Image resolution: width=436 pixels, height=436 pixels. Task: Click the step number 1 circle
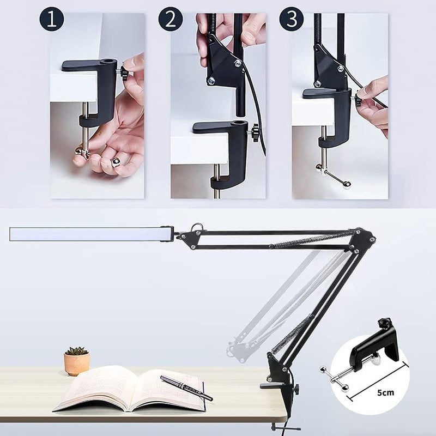click(x=51, y=19)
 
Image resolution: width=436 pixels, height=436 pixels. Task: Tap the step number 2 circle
click(x=171, y=19)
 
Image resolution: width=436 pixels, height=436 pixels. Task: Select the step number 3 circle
click(x=292, y=19)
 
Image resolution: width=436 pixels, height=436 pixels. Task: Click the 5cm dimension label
click(x=385, y=392)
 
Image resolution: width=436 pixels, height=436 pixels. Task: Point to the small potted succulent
click(x=77, y=360)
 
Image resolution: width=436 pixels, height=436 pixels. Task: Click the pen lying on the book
click(x=186, y=388)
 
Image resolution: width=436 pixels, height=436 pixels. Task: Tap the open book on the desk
click(x=131, y=389)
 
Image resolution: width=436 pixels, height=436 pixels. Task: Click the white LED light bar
click(x=91, y=234)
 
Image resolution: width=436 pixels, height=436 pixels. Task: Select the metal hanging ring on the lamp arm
click(x=197, y=227)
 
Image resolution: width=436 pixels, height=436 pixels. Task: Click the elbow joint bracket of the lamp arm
click(x=363, y=239)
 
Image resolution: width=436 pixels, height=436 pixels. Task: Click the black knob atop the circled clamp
click(x=384, y=323)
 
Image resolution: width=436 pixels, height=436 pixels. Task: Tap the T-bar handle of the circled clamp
click(x=334, y=378)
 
